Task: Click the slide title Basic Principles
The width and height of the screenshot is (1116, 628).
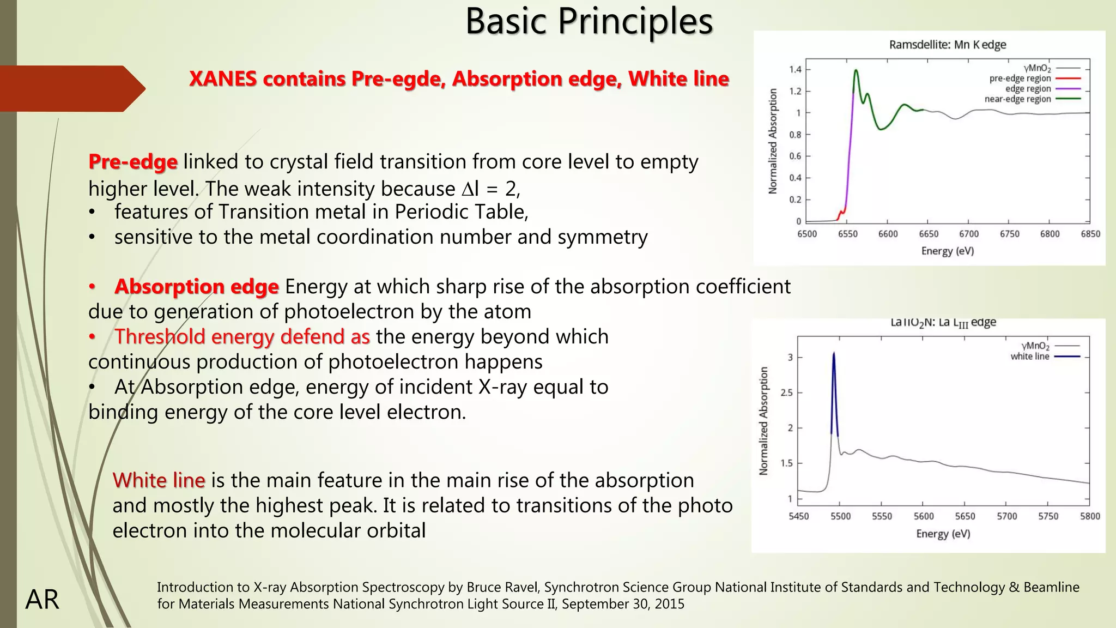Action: pyautogui.click(x=589, y=22)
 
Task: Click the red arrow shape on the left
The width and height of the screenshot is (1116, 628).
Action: pyautogui.click(x=71, y=88)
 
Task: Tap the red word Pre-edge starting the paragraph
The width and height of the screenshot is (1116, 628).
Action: pyautogui.click(x=133, y=162)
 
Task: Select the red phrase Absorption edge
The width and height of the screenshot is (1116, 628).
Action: pyautogui.click(x=196, y=287)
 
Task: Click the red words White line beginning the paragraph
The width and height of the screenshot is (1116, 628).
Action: pyautogui.click(x=159, y=481)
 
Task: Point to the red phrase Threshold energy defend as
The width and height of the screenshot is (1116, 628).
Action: pyautogui.click(x=242, y=337)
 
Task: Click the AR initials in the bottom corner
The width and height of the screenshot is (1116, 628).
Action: pyautogui.click(x=42, y=600)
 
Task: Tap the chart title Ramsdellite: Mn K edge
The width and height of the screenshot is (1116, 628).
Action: pyautogui.click(x=948, y=45)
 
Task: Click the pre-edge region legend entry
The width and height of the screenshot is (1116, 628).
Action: pyautogui.click(x=1020, y=78)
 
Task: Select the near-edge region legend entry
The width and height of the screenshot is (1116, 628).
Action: pyautogui.click(x=1017, y=99)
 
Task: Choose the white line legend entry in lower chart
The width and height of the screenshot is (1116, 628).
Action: pyautogui.click(x=1030, y=357)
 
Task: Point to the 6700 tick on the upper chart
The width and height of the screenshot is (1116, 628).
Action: pyautogui.click(x=969, y=234)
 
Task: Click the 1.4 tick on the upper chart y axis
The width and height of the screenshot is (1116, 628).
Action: pyautogui.click(x=795, y=70)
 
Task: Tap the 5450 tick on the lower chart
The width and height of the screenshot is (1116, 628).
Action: pyautogui.click(x=799, y=516)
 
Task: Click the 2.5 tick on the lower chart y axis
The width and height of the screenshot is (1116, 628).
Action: pyautogui.click(x=786, y=392)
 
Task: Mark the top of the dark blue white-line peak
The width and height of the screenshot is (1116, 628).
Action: pyautogui.click(x=834, y=354)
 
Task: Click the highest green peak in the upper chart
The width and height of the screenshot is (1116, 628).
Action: pyautogui.click(x=856, y=70)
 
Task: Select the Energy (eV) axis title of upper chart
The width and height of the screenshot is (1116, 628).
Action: pyautogui.click(x=948, y=251)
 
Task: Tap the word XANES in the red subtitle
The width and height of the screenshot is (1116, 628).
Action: pyautogui.click(x=223, y=79)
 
